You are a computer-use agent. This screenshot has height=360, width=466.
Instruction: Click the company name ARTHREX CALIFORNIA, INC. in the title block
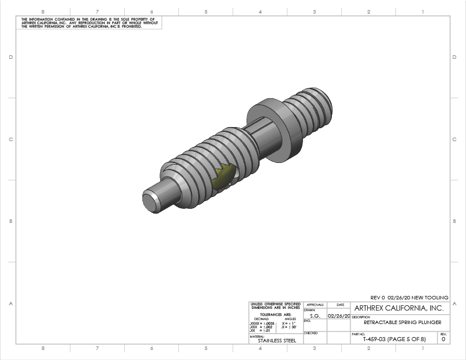[398, 308]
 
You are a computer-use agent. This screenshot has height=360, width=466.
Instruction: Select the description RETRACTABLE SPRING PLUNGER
[402, 322]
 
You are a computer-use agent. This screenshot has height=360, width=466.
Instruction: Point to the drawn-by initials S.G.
[315, 316]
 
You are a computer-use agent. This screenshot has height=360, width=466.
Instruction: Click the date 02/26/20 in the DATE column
[339, 316]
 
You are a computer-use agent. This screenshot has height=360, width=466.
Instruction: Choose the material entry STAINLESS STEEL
[275, 340]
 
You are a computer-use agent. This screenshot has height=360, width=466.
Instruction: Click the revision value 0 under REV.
[443, 339]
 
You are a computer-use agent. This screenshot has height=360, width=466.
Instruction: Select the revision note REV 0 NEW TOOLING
[409, 298]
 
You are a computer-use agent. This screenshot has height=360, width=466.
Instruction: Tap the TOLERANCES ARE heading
[275, 314]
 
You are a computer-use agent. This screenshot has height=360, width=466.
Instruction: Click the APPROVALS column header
[315, 305]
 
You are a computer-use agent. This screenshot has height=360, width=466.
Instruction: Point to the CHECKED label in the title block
[311, 333]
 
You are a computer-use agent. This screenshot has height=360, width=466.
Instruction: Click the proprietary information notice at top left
[88, 23]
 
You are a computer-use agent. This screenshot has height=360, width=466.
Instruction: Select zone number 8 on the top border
[43, 11]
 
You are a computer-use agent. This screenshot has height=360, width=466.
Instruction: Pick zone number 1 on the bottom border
[422, 348]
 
